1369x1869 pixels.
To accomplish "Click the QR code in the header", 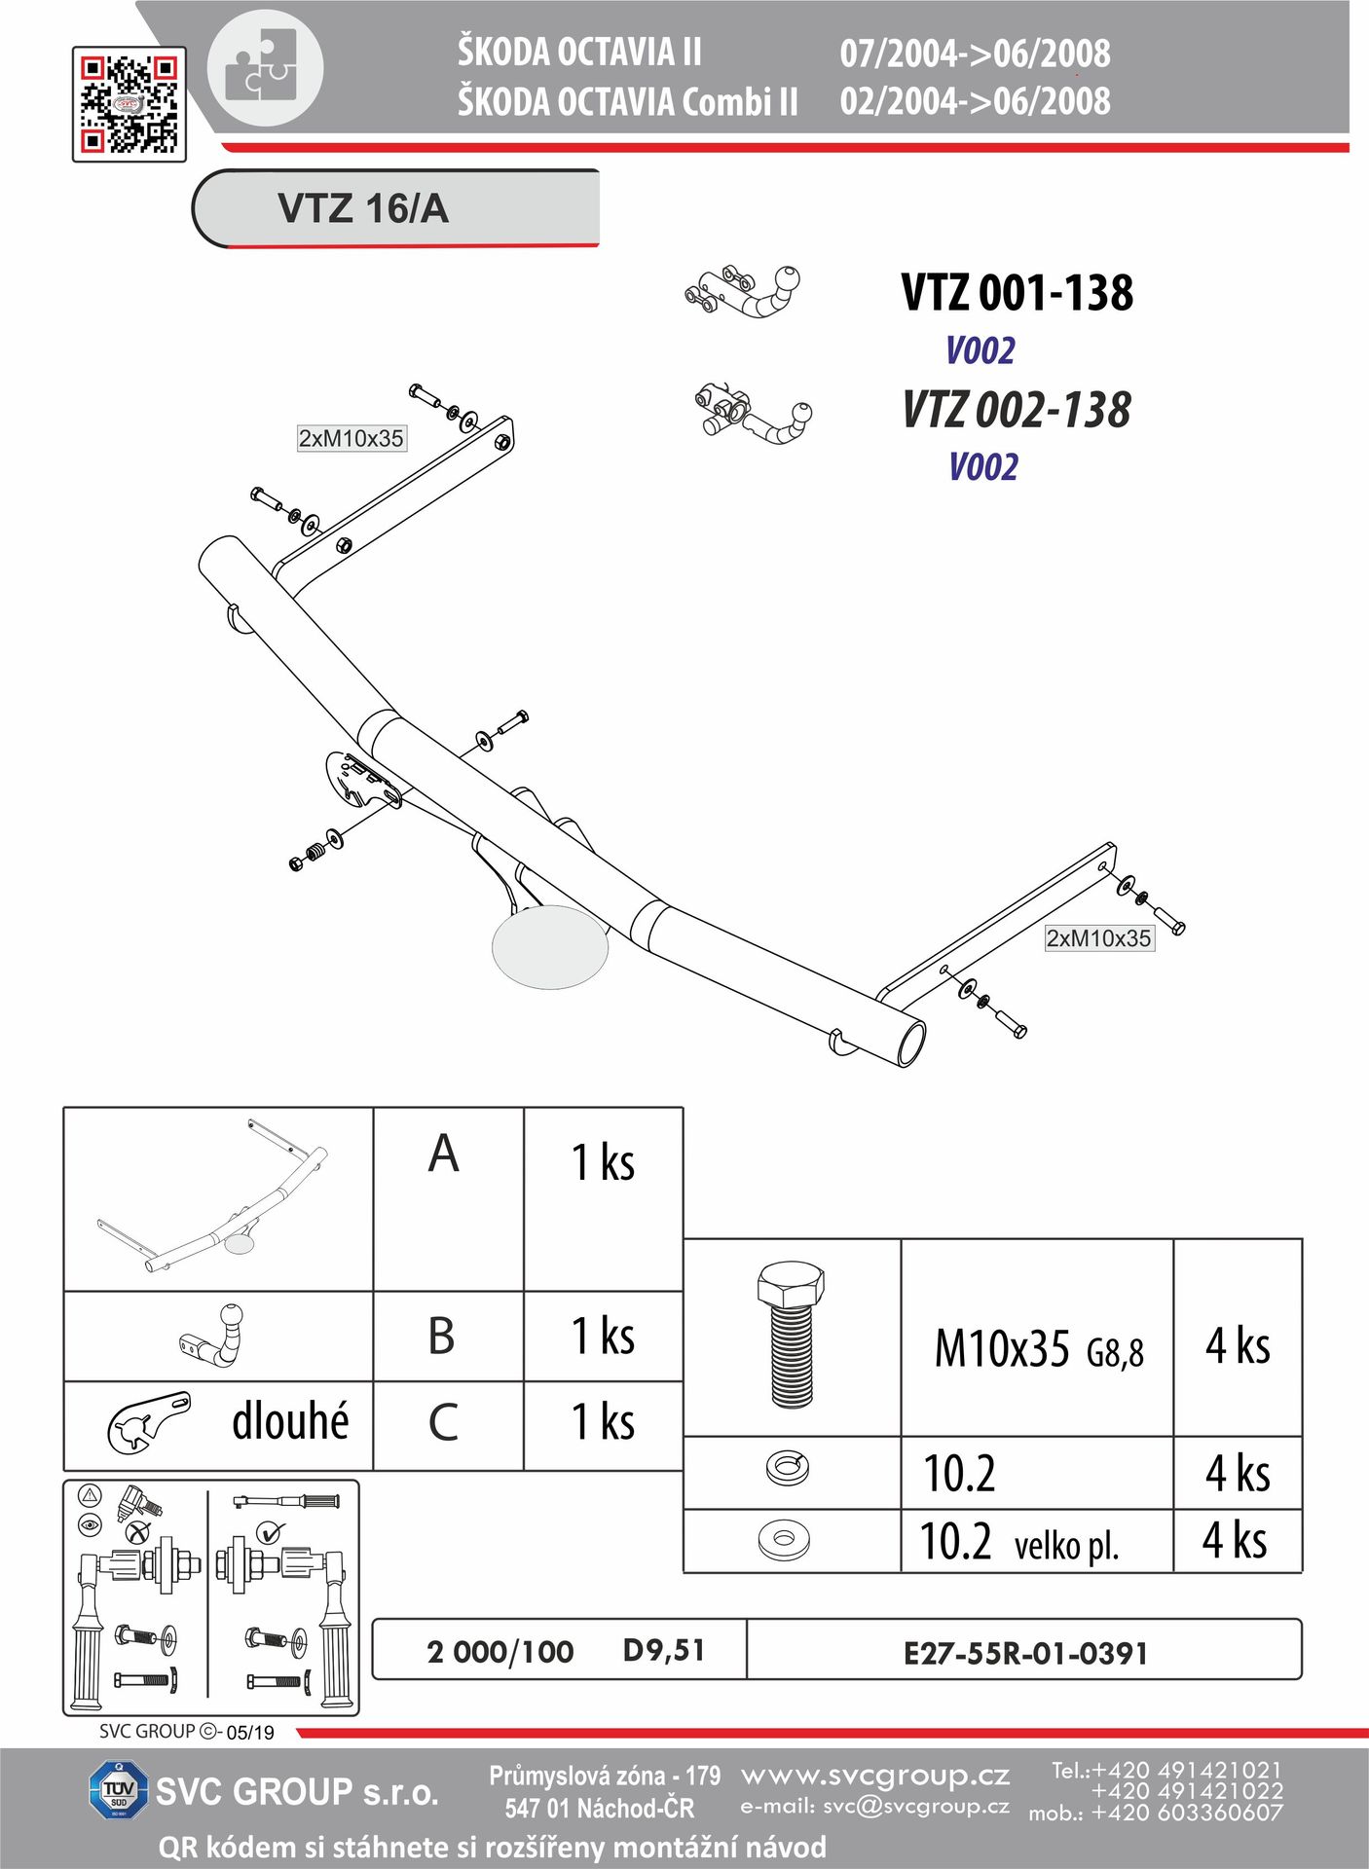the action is click(x=129, y=104).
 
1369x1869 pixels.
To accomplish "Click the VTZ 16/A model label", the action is click(x=363, y=208).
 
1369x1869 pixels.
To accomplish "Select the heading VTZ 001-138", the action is click(x=1017, y=293).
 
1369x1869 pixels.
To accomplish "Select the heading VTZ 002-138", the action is click(x=1017, y=410).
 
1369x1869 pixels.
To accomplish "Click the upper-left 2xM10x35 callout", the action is click(x=351, y=438).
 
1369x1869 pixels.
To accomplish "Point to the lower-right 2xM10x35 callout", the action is click(x=1098, y=938).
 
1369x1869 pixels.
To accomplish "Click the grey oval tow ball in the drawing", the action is click(x=551, y=947).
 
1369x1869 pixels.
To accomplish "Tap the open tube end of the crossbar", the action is click(x=911, y=1044).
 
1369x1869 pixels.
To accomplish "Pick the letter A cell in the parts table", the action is click(x=448, y=1199).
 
